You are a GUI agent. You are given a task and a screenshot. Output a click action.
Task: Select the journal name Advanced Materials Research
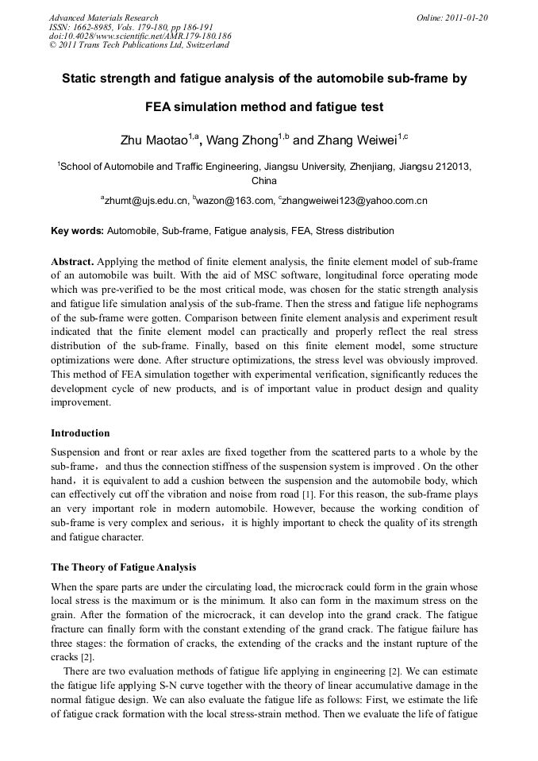click(103, 17)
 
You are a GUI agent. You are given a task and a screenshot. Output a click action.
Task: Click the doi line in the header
click(140, 36)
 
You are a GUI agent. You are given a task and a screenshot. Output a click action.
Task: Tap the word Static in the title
click(82, 79)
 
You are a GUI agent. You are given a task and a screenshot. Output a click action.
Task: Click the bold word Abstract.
click(72, 261)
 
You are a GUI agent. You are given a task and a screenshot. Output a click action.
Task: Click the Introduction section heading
click(80, 433)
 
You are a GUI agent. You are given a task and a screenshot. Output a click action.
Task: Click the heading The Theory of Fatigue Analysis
click(123, 567)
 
